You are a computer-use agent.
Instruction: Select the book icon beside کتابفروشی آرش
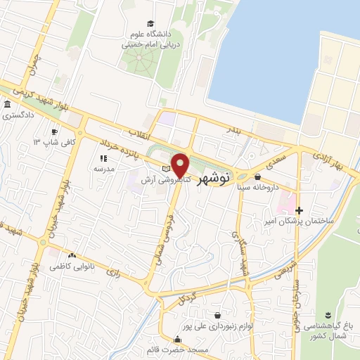pos(167,169)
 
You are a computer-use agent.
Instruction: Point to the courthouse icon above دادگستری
pos(7,105)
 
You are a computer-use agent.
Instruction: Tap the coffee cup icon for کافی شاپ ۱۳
pos(54,132)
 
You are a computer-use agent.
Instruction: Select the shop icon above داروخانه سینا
pos(257,177)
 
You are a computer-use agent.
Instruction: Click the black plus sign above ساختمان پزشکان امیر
pos(299,210)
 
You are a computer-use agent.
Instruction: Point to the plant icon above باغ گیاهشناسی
pos(328,314)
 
